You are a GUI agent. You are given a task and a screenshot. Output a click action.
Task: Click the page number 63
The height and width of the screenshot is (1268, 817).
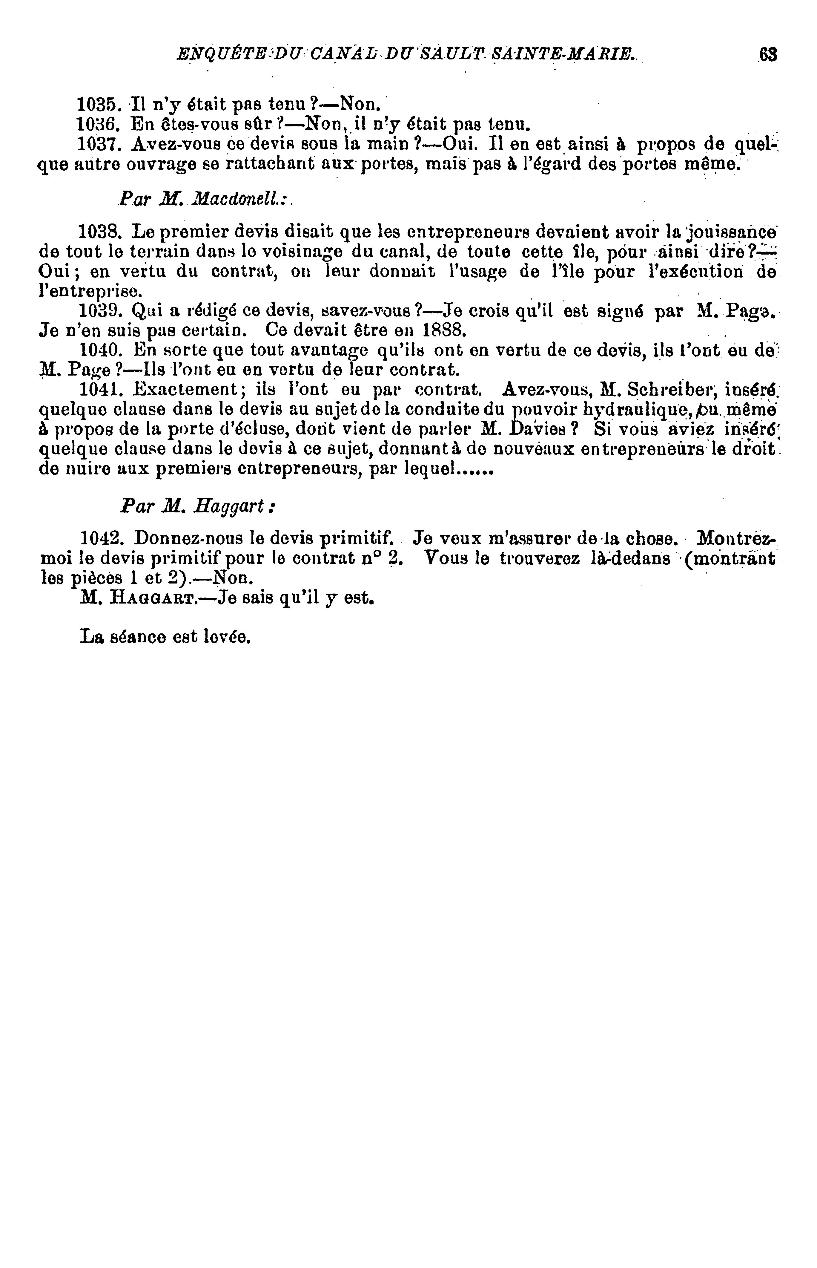click(768, 55)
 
